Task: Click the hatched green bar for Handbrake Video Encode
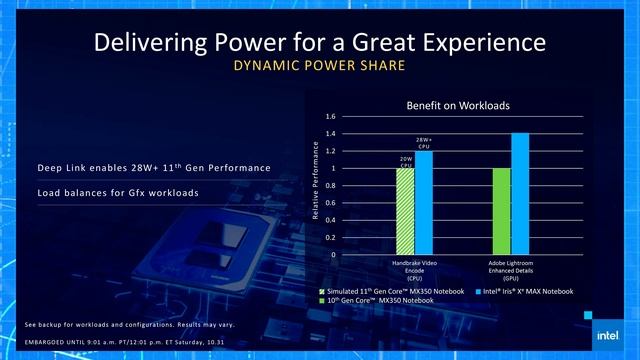coord(405,211)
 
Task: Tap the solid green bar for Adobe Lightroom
coord(501,211)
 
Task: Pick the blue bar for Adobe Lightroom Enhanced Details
coord(520,193)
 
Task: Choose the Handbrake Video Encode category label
coord(414,268)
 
